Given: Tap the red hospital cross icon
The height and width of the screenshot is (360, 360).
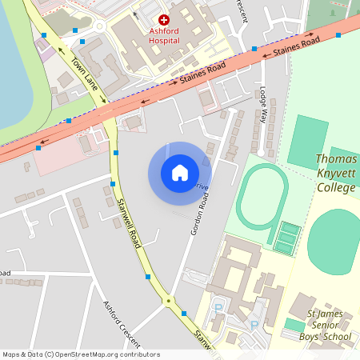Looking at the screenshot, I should [164, 18].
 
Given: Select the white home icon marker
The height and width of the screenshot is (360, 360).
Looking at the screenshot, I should [180, 173].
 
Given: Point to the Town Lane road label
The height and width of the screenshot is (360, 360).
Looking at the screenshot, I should [85, 74].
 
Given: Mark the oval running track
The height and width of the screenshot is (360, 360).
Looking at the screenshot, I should [262, 197].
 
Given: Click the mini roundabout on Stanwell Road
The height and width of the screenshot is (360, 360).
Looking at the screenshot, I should [167, 302].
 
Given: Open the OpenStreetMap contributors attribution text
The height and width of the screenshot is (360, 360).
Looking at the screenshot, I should [80, 354].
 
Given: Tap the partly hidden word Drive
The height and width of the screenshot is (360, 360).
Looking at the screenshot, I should [202, 186].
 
